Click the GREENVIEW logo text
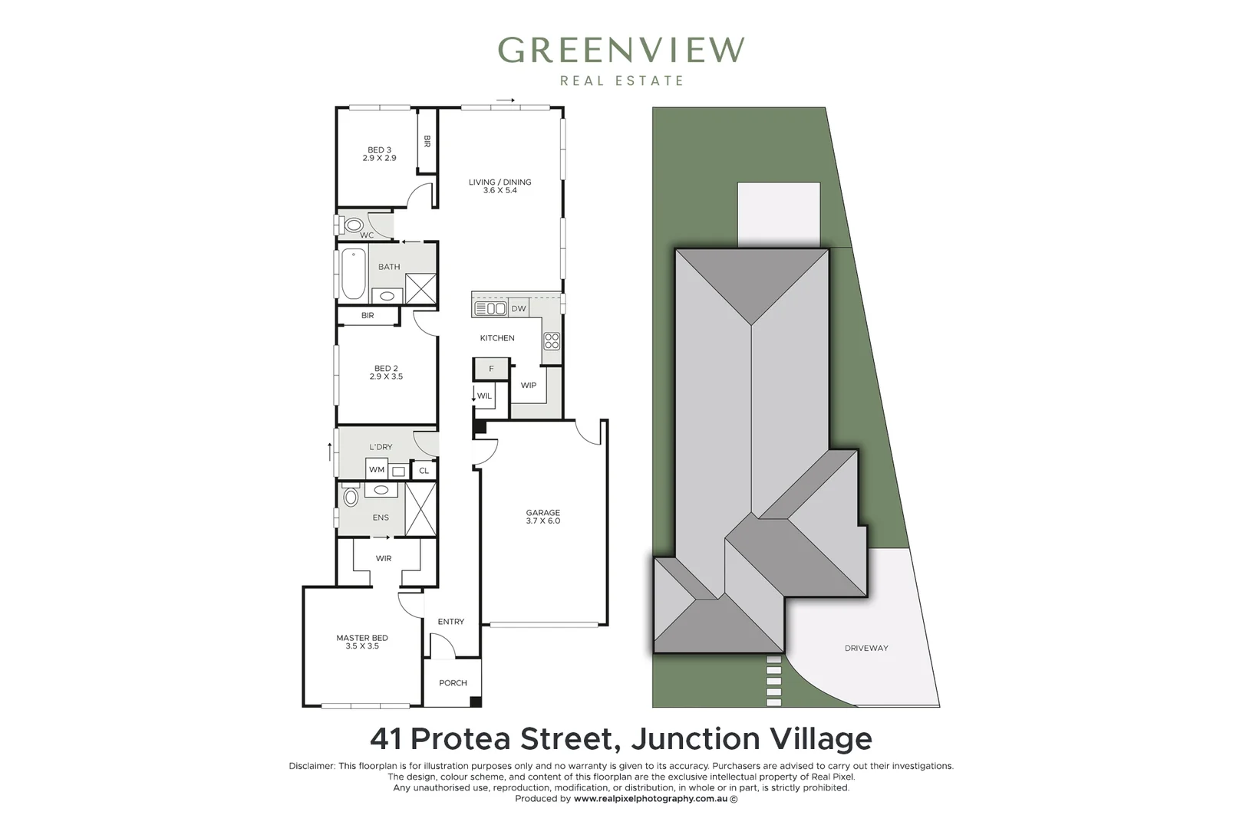pos(621,51)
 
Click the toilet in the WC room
pos(353,225)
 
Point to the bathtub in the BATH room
pos(353,274)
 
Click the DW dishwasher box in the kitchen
pos(519,308)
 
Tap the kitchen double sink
pos(490,308)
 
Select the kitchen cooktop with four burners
pos(551,340)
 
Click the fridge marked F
pos(491,369)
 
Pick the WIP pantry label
pos(529,385)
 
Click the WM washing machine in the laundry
pos(377,469)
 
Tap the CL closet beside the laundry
pos(424,470)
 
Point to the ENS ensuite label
pos(381,517)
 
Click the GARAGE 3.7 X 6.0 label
pos(543,517)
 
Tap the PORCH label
pos(453,682)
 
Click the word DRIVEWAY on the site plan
pos(866,648)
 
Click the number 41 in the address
pos(387,739)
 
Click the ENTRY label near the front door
pos(451,622)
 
